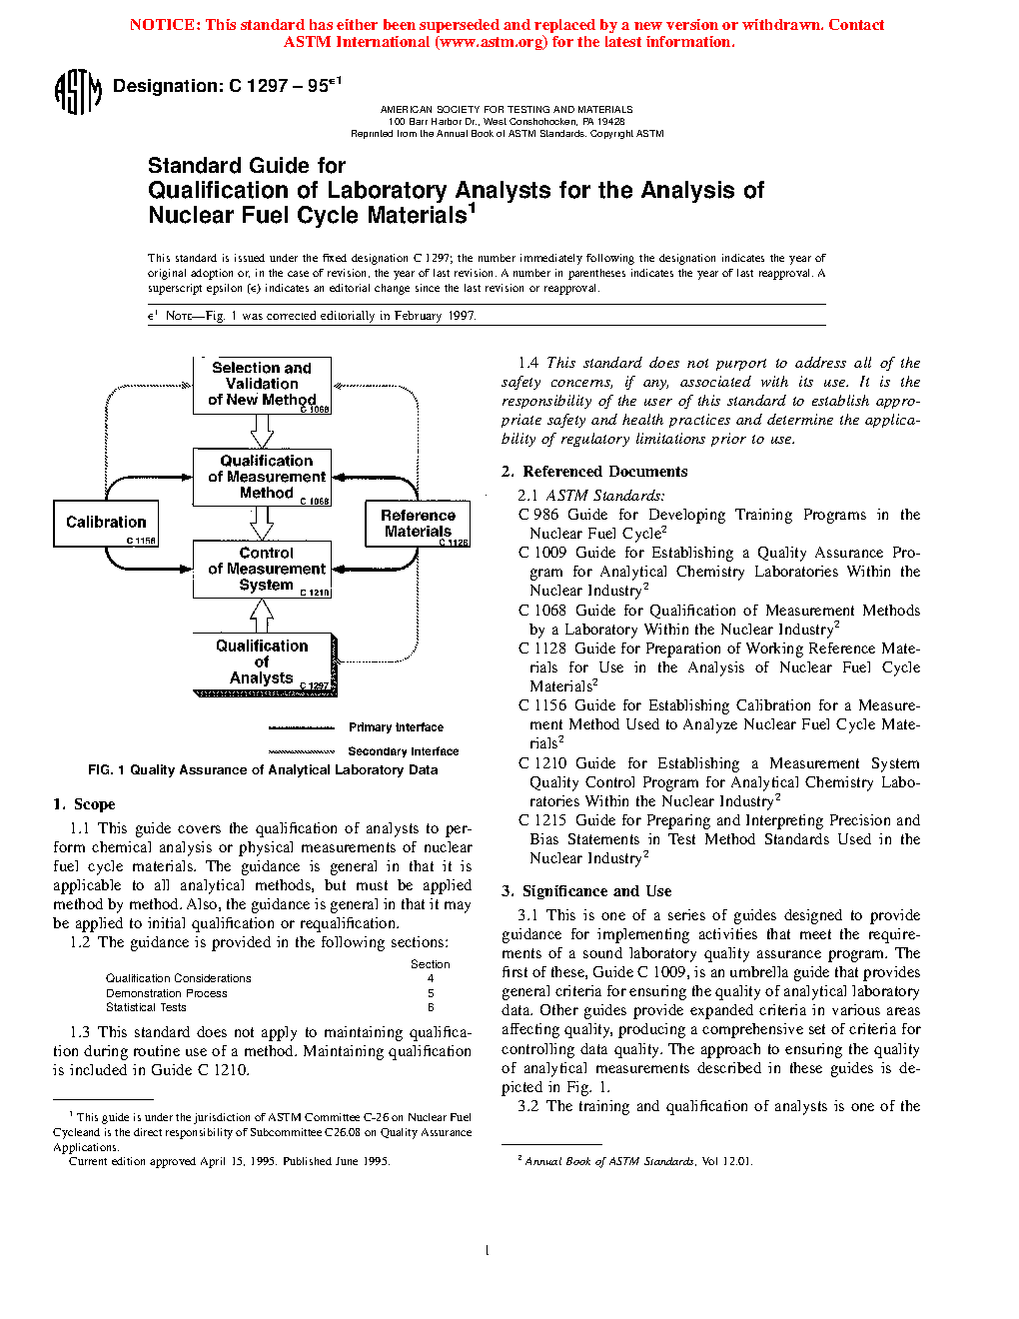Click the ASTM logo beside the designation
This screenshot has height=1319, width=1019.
[77, 92]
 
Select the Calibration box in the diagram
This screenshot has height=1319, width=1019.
[105, 523]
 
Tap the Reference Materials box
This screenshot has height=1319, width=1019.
[418, 524]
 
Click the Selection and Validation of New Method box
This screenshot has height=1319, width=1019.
[262, 385]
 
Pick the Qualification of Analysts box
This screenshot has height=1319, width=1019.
[263, 662]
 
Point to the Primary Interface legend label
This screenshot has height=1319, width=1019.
[396, 727]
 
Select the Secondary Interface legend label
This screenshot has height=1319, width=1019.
[403, 751]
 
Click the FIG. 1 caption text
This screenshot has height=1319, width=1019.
[263, 770]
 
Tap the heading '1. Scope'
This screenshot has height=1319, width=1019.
[84, 804]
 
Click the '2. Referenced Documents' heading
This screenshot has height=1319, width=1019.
[594, 472]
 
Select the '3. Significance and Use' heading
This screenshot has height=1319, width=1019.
[586, 891]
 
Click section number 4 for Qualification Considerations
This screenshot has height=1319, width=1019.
[431, 979]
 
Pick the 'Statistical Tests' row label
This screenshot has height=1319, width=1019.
[146, 1007]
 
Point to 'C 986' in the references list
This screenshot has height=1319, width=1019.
[538, 515]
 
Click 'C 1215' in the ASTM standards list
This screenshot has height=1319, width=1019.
[542, 820]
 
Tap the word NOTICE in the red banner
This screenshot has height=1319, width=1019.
[164, 25]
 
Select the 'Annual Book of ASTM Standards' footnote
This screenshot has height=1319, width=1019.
[609, 1161]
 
